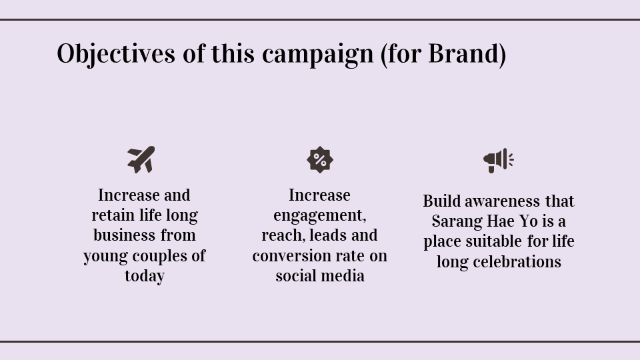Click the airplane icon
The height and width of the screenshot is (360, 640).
(141, 159)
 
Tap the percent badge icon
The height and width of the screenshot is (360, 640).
(320, 159)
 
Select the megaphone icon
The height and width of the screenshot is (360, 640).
(499, 161)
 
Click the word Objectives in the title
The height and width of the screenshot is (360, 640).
(116, 54)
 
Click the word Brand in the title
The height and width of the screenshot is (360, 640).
(463, 53)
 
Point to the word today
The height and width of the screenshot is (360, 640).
(145, 276)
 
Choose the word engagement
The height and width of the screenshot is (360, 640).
(320, 216)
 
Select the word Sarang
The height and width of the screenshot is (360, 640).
(457, 221)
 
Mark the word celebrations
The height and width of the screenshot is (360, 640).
(517, 261)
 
